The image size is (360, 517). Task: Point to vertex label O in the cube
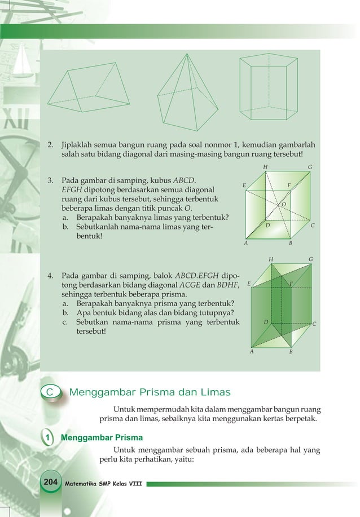pos(283,205)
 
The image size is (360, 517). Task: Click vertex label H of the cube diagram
pos(266,167)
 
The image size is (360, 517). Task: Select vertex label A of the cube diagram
pos(246,244)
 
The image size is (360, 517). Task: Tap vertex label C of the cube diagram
pos(313,226)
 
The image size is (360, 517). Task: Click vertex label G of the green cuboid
pos(310,259)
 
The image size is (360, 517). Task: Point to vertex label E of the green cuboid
pos(249,284)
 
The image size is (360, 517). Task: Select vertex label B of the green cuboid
pos(291,352)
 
